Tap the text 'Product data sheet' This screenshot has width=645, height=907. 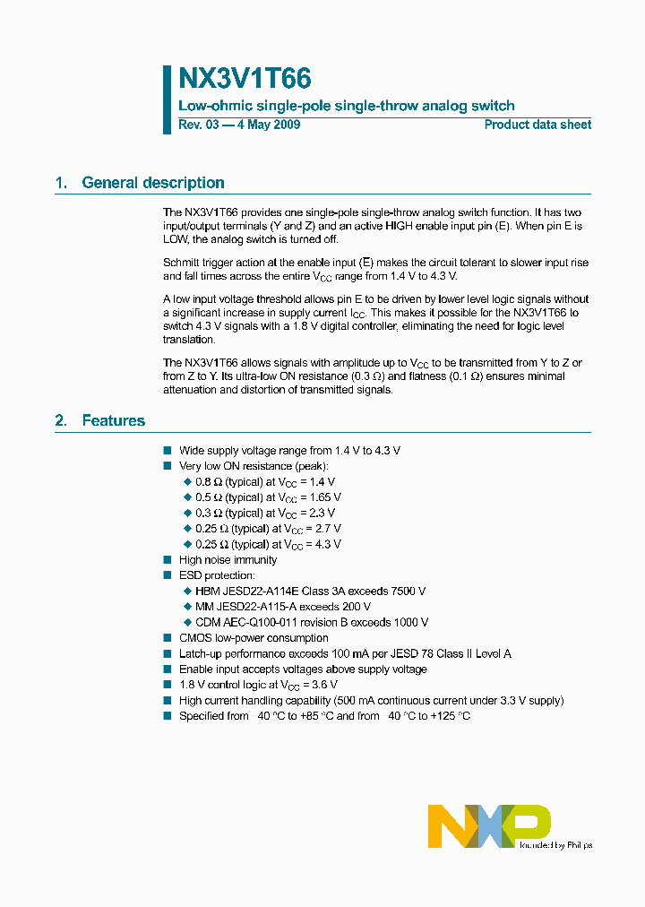[x=537, y=125]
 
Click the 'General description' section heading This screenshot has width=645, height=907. [x=152, y=183]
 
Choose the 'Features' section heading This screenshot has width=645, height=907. [x=113, y=420]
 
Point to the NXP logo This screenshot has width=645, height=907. [x=488, y=825]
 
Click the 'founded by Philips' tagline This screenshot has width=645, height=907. [x=556, y=844]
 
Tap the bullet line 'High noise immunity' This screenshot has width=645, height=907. [x=228, y=560]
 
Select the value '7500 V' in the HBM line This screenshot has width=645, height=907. [x=408, y=592]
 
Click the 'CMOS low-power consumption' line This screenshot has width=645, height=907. [x=254, y=638]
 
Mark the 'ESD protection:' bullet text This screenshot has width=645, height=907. [x=217, y=575]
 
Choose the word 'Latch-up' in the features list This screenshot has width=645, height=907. [x=200, y=653]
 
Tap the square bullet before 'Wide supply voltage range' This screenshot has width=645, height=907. [x=167, y=451]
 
